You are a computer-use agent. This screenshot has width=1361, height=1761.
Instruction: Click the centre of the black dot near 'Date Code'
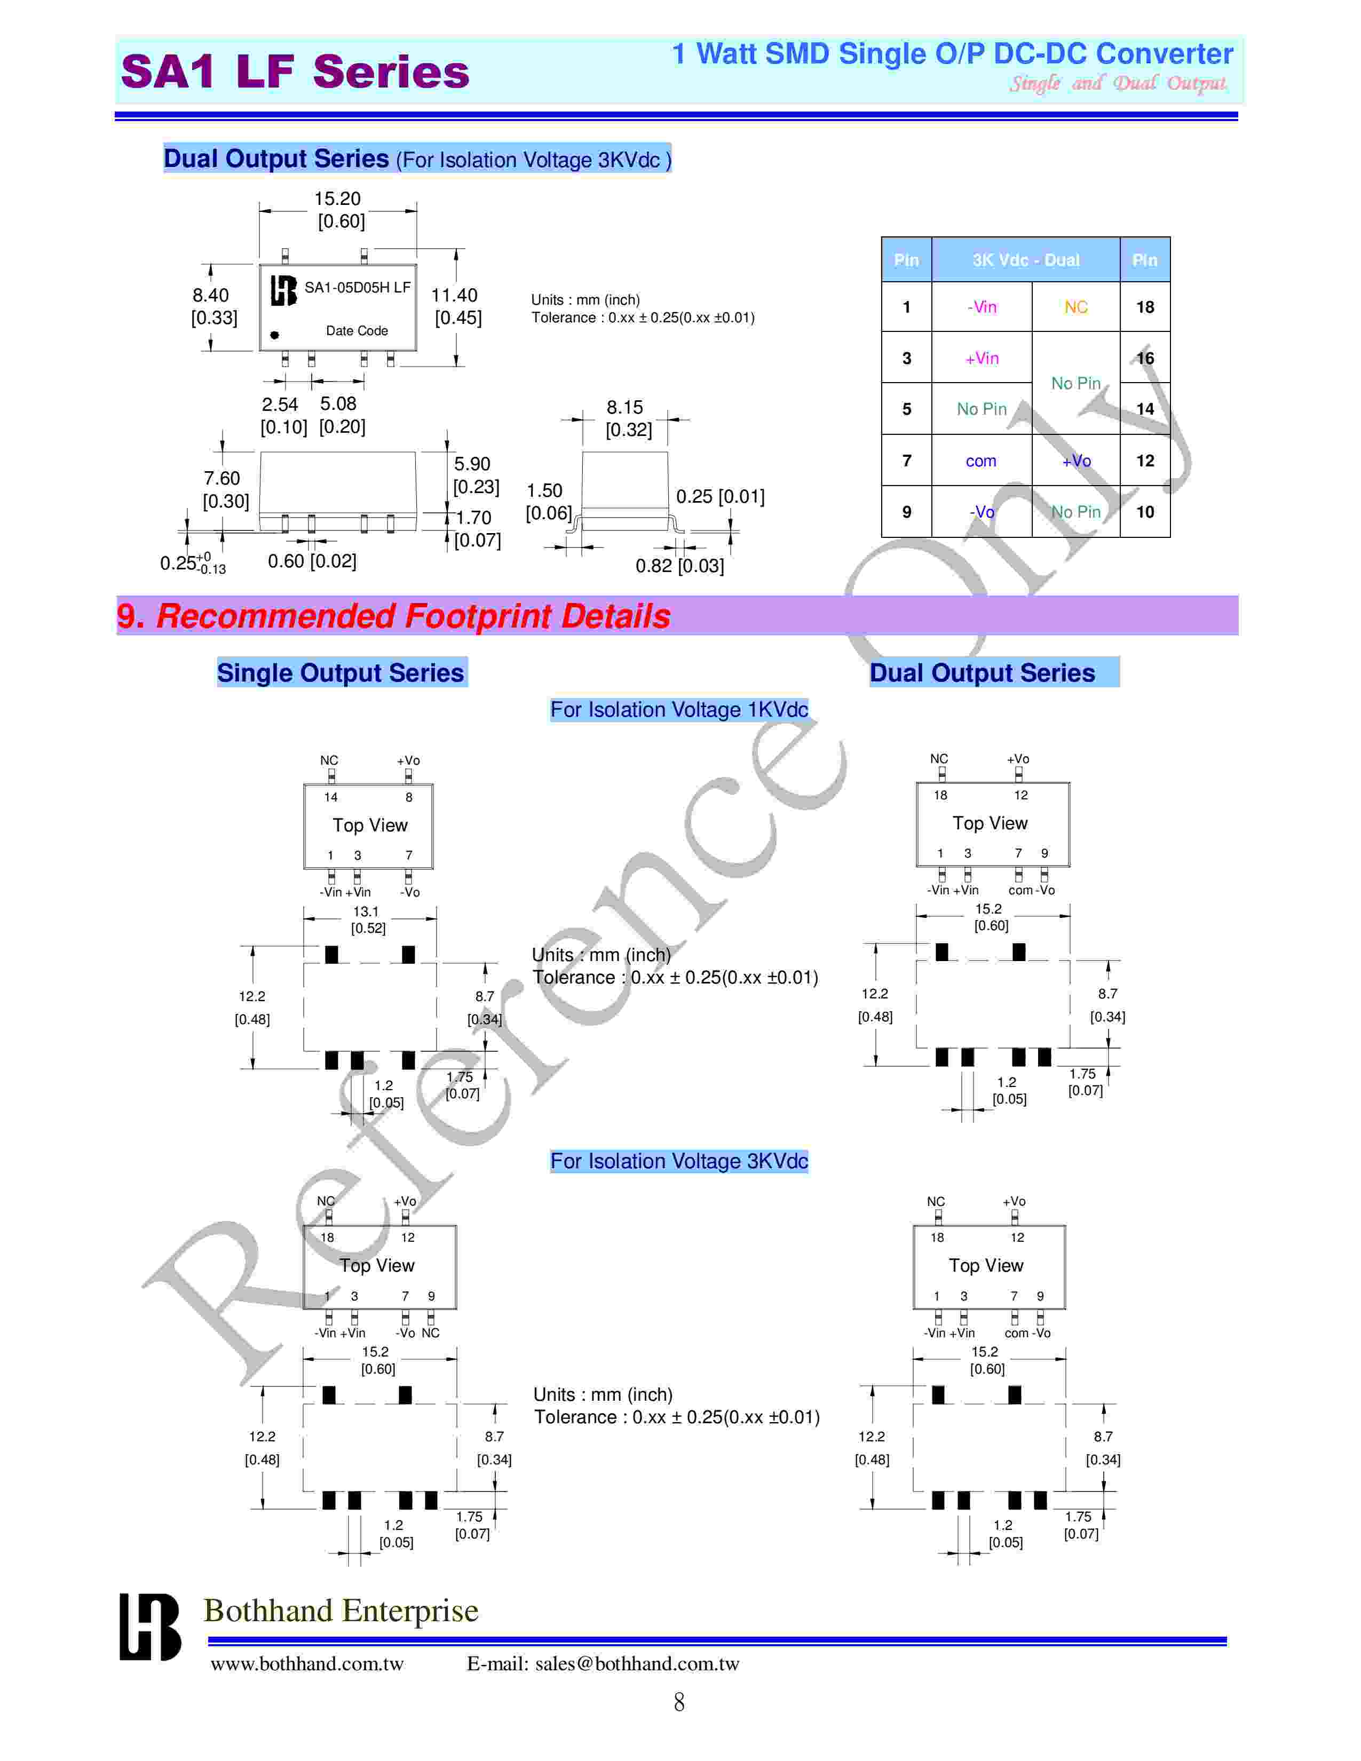click(275, 335)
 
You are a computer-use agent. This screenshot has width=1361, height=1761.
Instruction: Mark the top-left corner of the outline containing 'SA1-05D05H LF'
click(259, 265)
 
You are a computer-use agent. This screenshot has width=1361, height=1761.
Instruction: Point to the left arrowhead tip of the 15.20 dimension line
click(259, 211)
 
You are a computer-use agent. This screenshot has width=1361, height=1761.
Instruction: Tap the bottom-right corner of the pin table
click(1170, 537)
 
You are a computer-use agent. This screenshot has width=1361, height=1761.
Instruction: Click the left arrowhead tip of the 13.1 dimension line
click(304, 918)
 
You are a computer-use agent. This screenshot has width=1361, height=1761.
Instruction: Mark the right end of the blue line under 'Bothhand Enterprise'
click(1227, 1641)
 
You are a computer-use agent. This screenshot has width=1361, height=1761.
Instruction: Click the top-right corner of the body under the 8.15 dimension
click(668, 453)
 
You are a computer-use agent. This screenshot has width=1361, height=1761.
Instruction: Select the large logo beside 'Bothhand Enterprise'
click(150, 1627)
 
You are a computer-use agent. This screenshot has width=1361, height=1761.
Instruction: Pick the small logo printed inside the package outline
click(283, 290)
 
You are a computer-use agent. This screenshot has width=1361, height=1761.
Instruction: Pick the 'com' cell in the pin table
click(981, 461)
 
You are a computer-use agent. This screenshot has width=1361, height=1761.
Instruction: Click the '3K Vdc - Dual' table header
click(1026, 260)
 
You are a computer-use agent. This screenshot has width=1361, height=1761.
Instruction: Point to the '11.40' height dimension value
click(454, 295)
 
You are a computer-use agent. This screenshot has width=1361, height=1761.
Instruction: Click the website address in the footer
click(307, 1663)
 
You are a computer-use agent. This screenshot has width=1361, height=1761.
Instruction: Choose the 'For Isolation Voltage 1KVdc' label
click(679, 710)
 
